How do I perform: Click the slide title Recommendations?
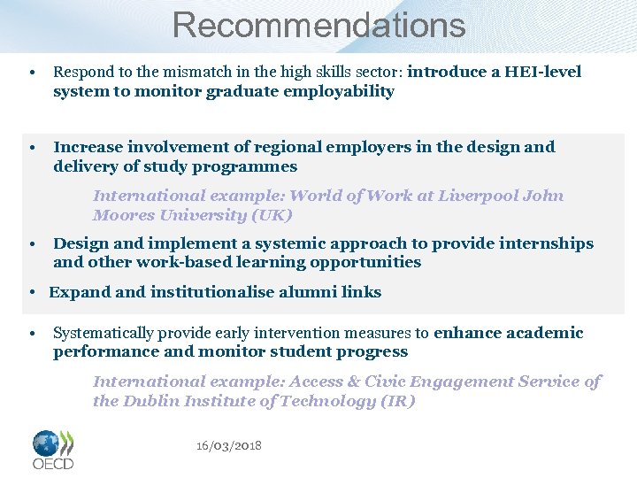click(318, 25)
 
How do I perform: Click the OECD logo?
click(53, 450)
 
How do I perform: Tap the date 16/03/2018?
click(229, 445)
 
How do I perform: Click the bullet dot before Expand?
click(31, 293)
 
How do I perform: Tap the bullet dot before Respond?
click(31, 73)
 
